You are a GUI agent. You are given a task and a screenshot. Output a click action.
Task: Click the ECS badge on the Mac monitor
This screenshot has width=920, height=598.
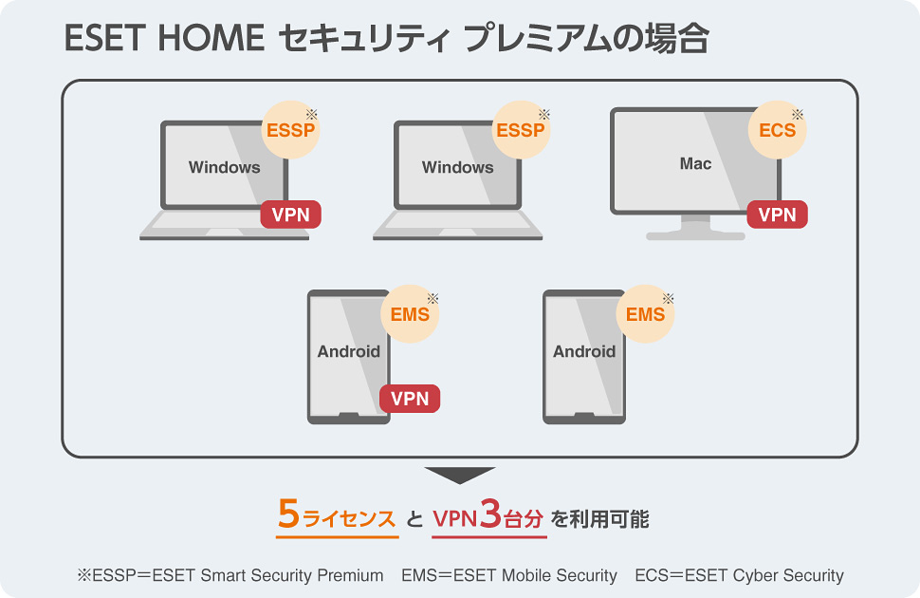[778, 130]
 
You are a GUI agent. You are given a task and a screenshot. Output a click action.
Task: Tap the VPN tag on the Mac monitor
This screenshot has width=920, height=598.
[778, 215]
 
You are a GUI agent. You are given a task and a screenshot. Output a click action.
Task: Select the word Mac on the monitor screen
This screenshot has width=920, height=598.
[695, 164]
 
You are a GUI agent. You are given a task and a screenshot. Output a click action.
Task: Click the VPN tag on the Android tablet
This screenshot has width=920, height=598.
[410, 399]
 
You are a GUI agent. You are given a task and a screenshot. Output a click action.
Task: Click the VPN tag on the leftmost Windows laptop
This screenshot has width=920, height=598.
[290, 215]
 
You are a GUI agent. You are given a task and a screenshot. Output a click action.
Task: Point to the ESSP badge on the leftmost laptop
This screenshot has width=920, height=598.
[290, 130]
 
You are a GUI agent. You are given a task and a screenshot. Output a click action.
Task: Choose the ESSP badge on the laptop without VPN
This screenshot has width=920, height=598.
[521, 130]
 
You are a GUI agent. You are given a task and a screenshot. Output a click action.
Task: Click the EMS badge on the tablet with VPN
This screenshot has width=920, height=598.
[410, 314]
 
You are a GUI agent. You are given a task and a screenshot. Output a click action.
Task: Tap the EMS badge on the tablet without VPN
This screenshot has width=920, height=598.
[645, 314]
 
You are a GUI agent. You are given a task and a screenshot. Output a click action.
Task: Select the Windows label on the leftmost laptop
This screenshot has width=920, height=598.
[224, 168]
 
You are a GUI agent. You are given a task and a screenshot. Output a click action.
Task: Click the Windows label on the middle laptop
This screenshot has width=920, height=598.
[457, 168]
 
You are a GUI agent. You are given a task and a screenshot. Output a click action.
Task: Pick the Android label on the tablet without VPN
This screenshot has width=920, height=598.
[584, 352]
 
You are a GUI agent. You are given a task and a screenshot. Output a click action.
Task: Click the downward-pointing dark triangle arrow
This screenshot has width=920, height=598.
[460, 475]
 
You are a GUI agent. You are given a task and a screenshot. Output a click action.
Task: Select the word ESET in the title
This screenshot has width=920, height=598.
[102, 40]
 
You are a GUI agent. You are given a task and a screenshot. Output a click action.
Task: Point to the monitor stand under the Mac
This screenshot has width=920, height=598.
[695, 229]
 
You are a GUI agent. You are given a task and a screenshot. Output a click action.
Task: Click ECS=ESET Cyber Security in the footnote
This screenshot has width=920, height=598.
[739, 575]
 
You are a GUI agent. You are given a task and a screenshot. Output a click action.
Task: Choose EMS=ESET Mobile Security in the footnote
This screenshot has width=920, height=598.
[509, 575]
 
